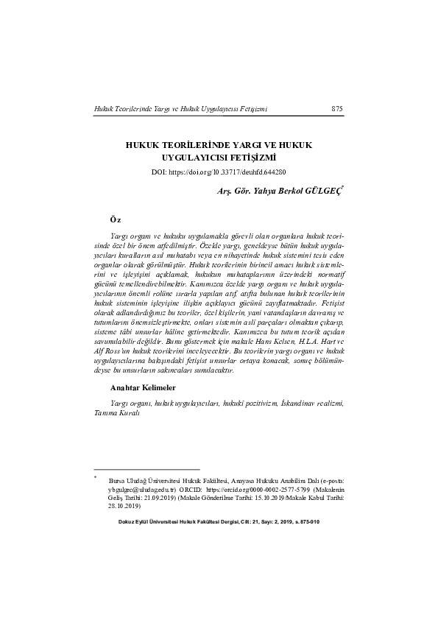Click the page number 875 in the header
[x=337, y=109]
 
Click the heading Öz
[x=116, y=219]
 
